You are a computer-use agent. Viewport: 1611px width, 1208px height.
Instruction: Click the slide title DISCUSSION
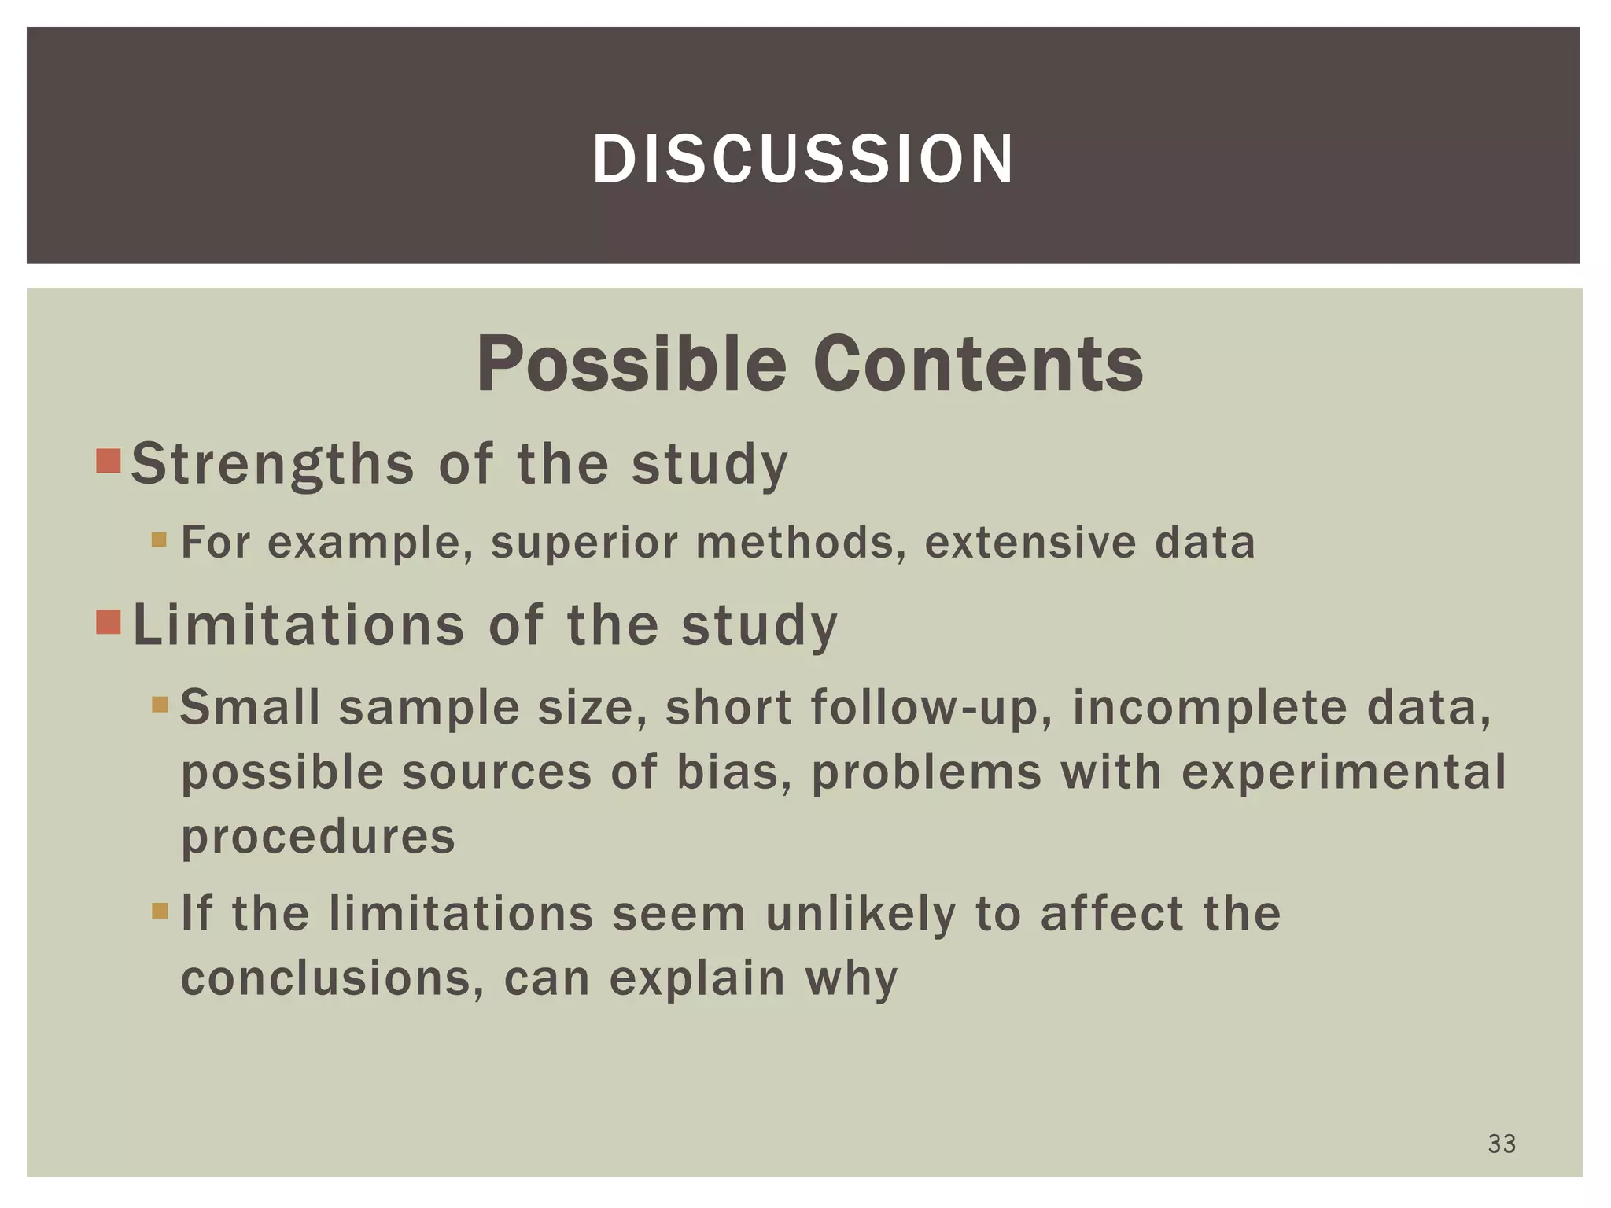click(x=803, y=160)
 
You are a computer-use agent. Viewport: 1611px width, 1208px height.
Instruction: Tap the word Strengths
click(x=272, y=464)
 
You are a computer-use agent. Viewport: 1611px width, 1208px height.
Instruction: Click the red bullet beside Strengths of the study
click(x=109, y=462)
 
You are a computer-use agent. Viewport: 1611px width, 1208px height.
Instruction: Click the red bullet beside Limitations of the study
click(x=109, y=622)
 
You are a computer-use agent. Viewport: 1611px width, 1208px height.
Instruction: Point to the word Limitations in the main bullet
click(x=299, y=625)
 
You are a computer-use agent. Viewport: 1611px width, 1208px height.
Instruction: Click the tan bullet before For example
click(x=160, y=540)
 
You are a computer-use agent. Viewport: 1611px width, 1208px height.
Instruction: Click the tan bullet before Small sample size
click(x=160, y=705)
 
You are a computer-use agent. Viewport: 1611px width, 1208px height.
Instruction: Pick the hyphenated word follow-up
click(x=931, y=708)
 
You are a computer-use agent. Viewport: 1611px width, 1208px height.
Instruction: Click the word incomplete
click(x=1211, y=708)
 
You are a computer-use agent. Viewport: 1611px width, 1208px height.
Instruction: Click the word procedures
click(x=318, y=837)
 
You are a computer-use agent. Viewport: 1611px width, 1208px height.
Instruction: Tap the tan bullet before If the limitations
click(x=160, y=912)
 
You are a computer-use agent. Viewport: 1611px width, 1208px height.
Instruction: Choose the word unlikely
click(x=861, y=914)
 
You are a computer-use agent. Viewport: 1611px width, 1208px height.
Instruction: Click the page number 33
click(x=1501, y=1144)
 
